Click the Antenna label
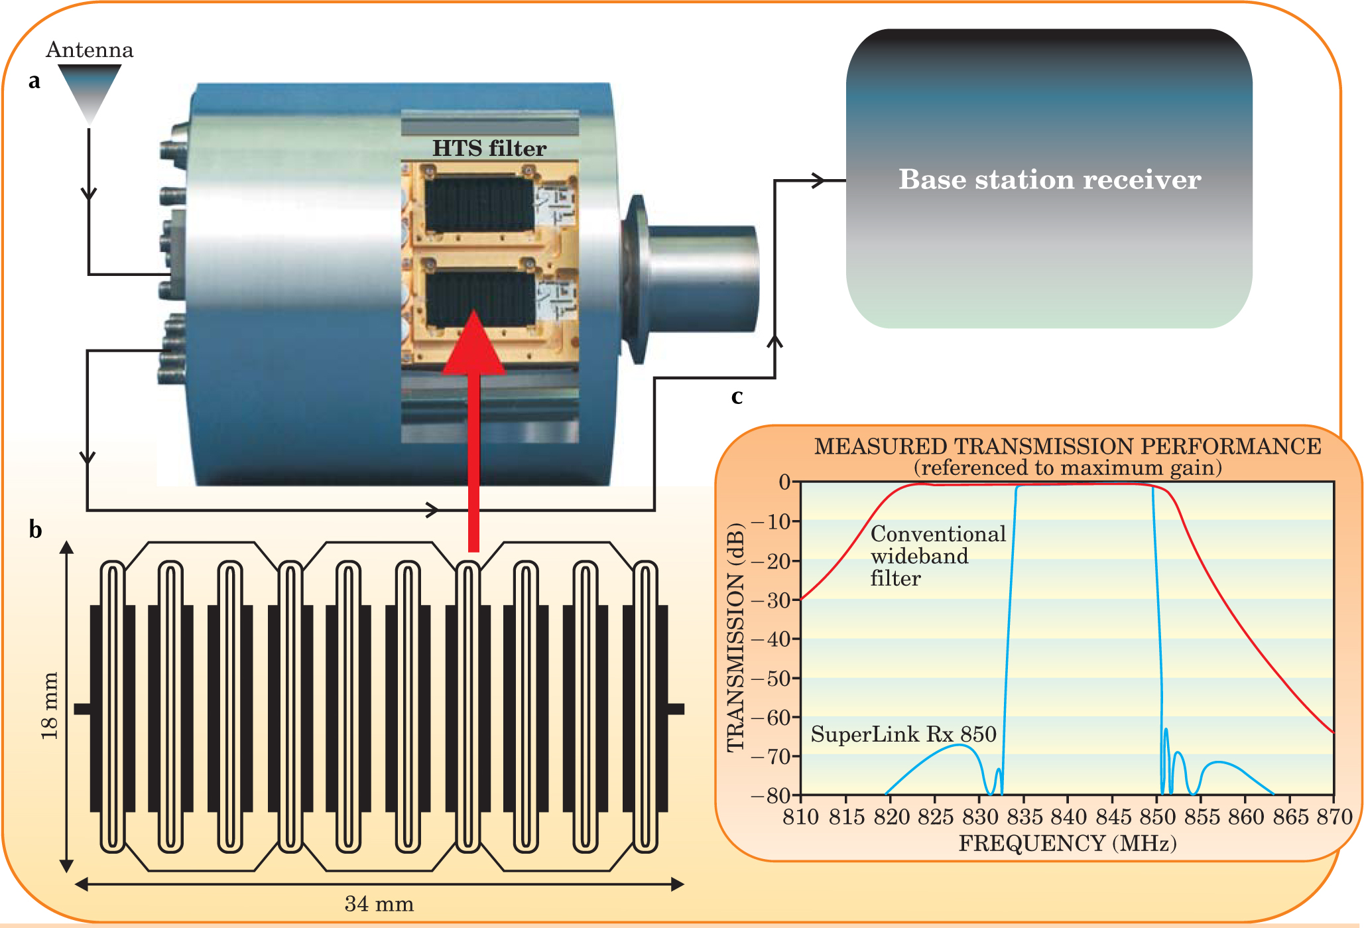pyautogui.click(x=90, y=50)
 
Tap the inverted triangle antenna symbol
pyautogui.click(x=90, y=90)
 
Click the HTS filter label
pyautogui.click(x=489, y=148)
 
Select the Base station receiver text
pyautogui.click(x=1049, y=179)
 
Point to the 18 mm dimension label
pyautogui.click(x=50, y=706)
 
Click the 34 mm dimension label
pyautogui.click(x=379, y=903)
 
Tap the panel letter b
pyautogui.click(x=35, y=530)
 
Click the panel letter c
pyautogui.click(x=736, y=396)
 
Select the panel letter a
pyautogui.click(x=34, y=81)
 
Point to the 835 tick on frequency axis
pyautogui.click(x=1024, y=817)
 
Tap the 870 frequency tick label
pyautogui.click(x=1333, y=817)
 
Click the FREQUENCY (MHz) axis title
pyautogui.click(x=1067, y=843)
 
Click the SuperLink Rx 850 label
pyautogui.click(x=903, y=734)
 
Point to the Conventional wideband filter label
pyautogui.click(x=938, y=556)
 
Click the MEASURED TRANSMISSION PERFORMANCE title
pyautogui.click(x=1067, y=446)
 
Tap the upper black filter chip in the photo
pyautogui.click(x=479, y=204)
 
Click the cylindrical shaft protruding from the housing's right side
pyautogui.click(x=703, y=279)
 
